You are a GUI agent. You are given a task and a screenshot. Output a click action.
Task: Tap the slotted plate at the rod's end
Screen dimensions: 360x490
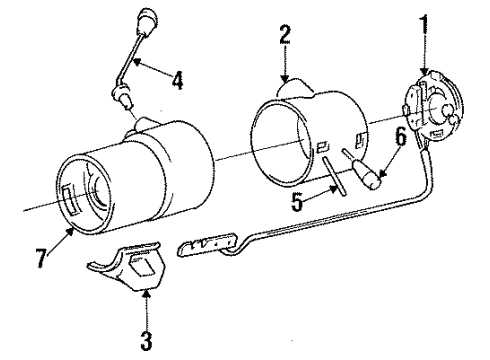point(210,245)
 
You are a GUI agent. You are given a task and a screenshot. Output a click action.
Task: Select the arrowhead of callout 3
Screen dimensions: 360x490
point(146,293)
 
